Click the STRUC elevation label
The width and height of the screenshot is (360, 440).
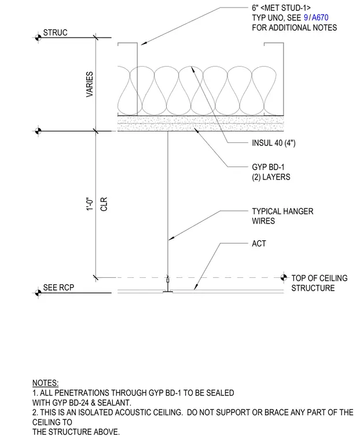(x=56, y=32)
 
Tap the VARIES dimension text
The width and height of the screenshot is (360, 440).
(x=90, y=85)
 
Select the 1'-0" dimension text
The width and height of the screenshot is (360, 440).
(x=90, y=204)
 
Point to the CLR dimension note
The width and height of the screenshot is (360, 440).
(x=104, y=204)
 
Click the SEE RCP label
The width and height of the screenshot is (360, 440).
(x=58, y=288)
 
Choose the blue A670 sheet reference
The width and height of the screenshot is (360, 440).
(x=320, y=18)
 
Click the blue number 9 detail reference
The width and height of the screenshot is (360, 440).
(x=306, y=18)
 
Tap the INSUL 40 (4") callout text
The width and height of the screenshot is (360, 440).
(x=274, y=143)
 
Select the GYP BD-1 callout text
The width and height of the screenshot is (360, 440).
(x=268, y=167)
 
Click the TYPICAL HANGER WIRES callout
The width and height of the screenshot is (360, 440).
(x=282, y=216)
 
